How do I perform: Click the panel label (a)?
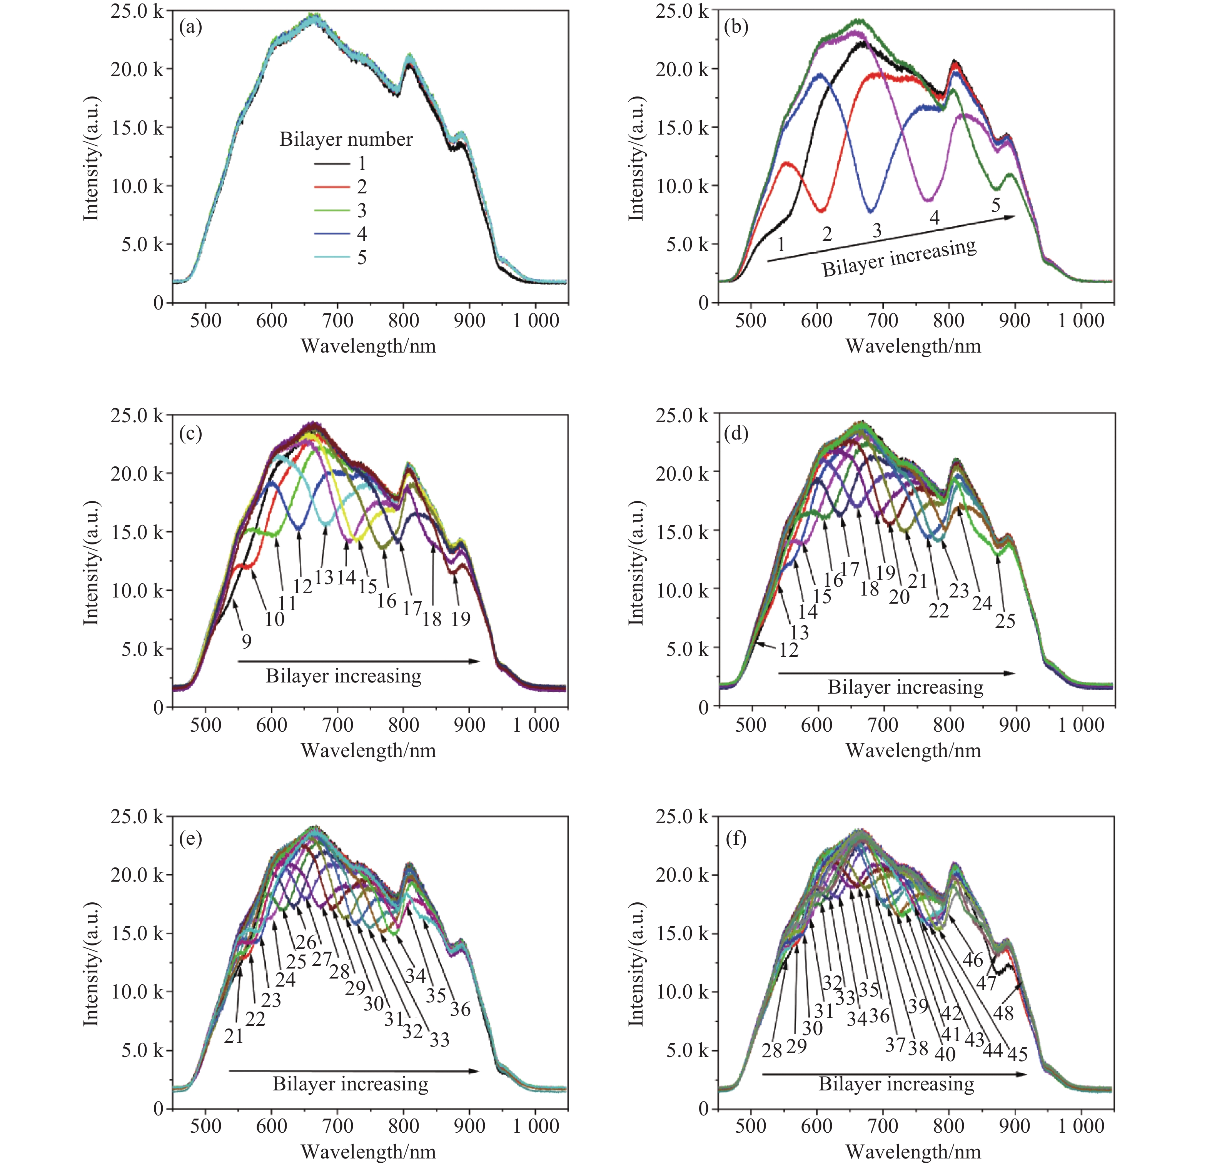(x=190, y=27)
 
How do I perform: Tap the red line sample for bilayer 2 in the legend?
(x=332, y=186)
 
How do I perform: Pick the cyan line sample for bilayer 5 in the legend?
(x=332, y=257)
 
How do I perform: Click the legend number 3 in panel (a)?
(x=362, y=211)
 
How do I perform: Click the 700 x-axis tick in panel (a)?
(x=338, y=321)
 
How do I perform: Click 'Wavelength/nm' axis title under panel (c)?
(x=369, y=750)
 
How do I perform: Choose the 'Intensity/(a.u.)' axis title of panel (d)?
(x=636, y=562)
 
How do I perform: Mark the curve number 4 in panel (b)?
(x=934, y=218)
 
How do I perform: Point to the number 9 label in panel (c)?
(x=247, y=642)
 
